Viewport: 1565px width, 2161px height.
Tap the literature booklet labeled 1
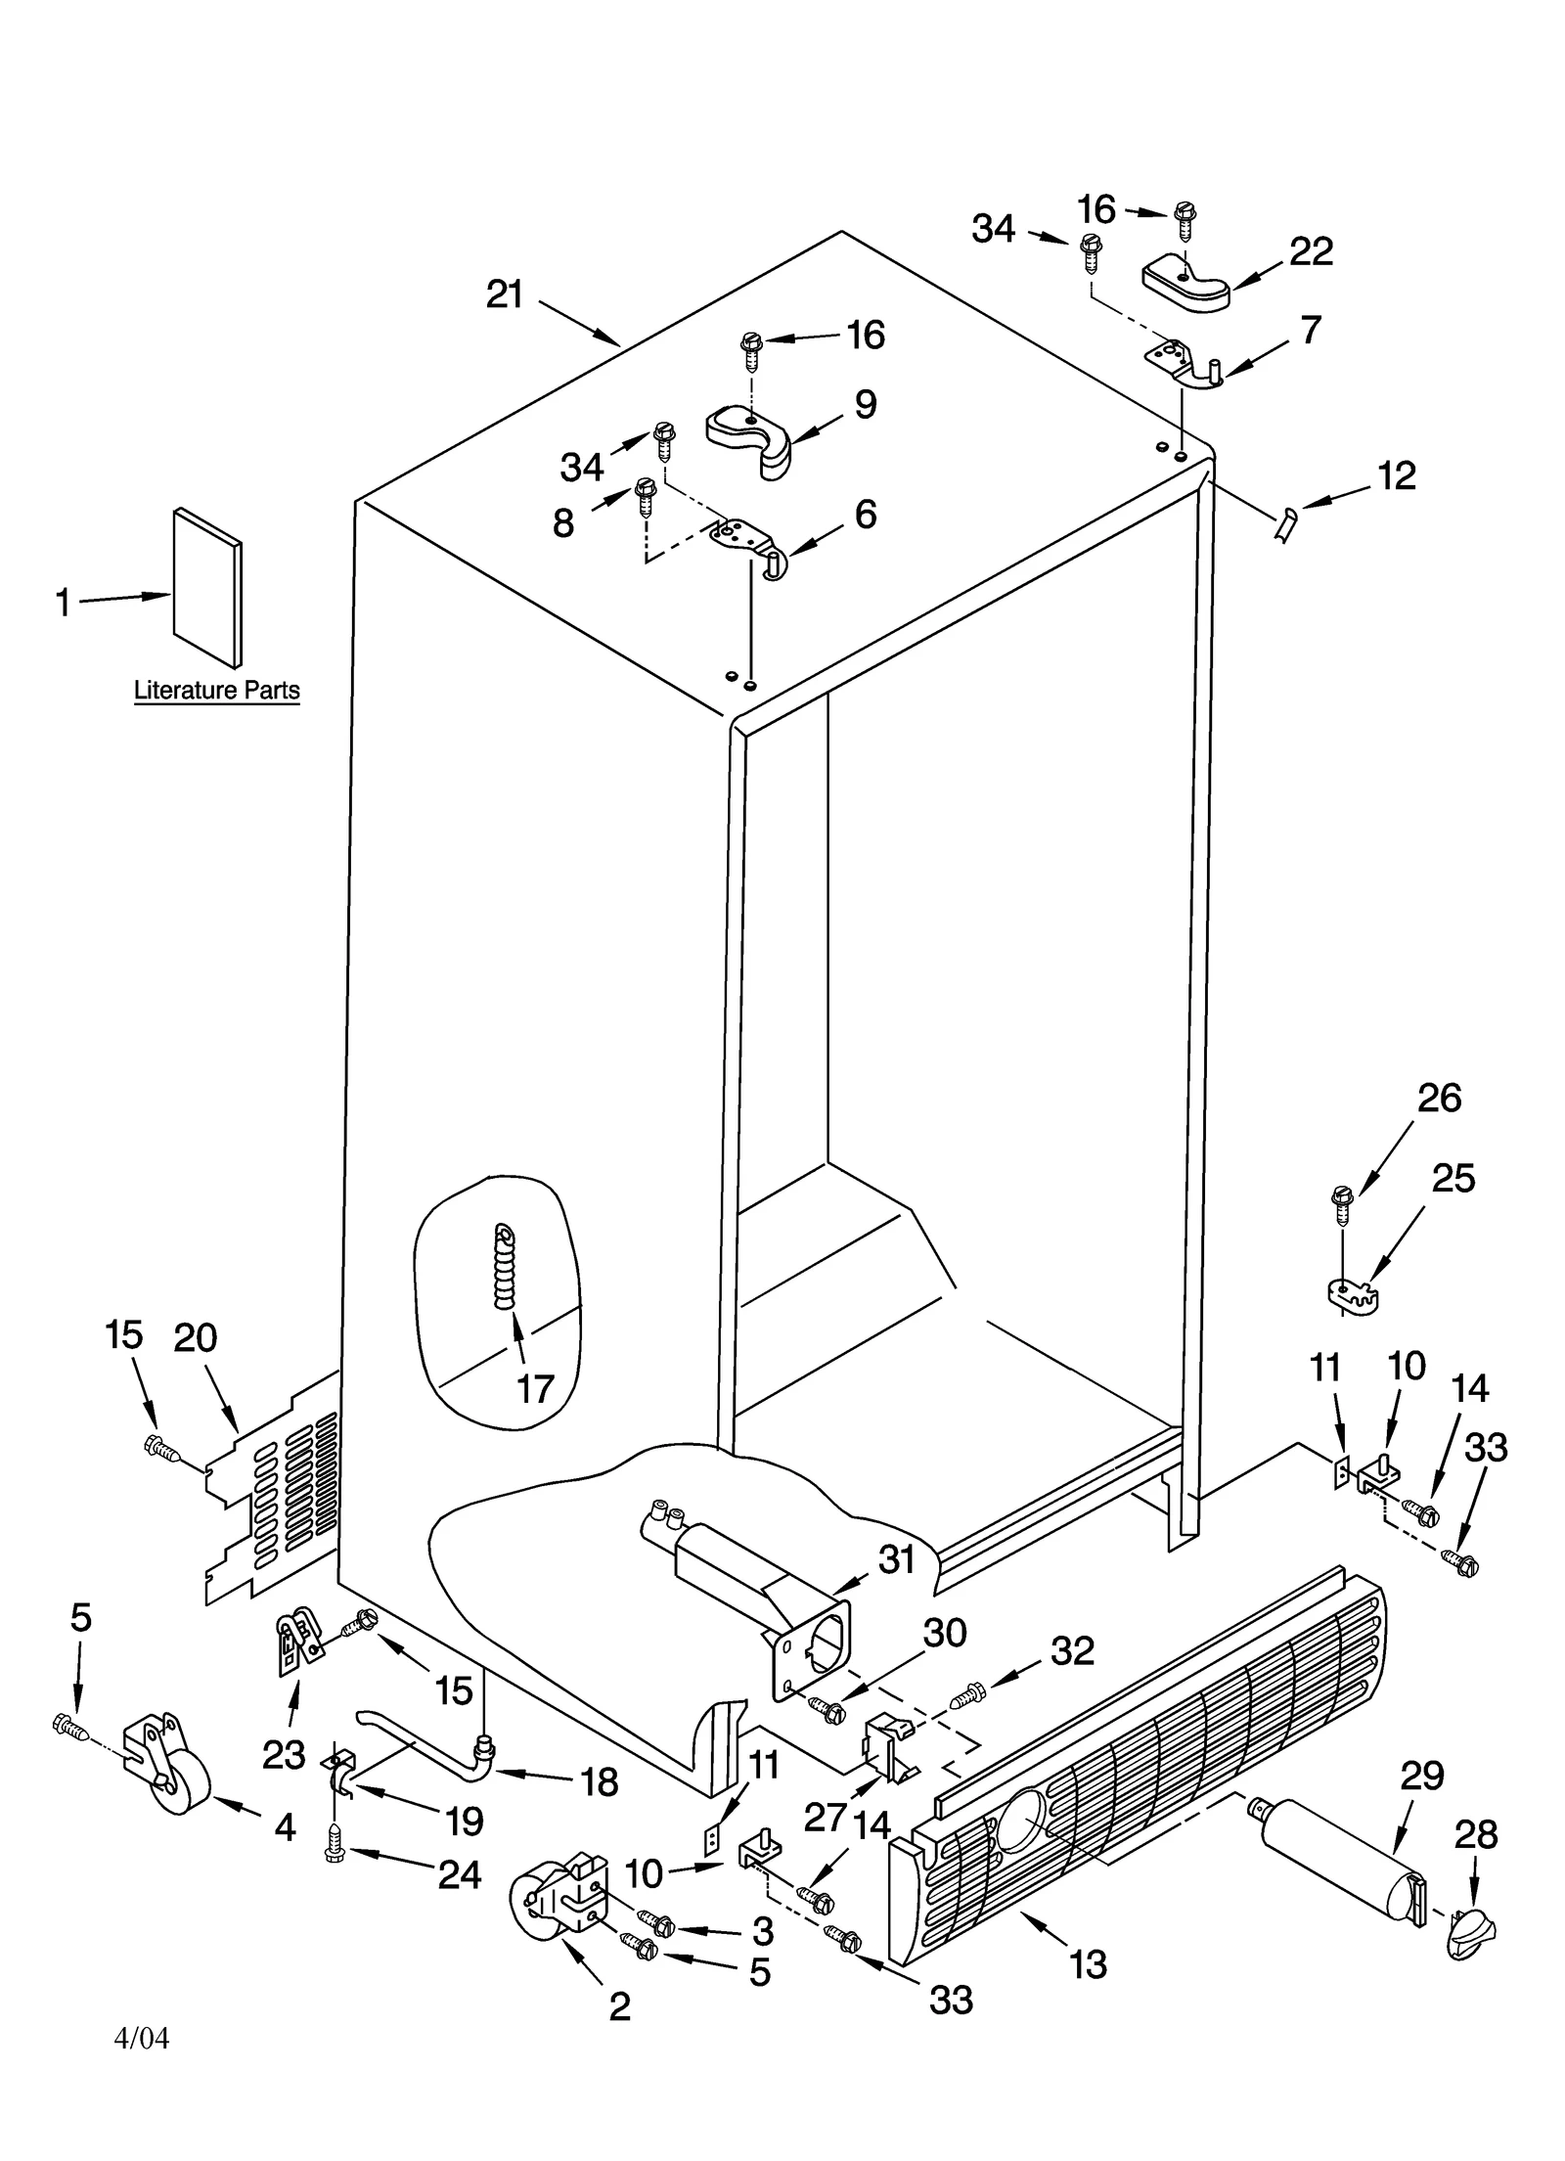click(207, 587)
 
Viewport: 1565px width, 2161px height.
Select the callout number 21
click(506, 293)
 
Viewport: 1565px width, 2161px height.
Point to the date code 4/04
click(142, 2038)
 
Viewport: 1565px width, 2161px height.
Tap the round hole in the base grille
click(1019, 1823)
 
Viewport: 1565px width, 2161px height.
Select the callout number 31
click(896, 1558)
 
